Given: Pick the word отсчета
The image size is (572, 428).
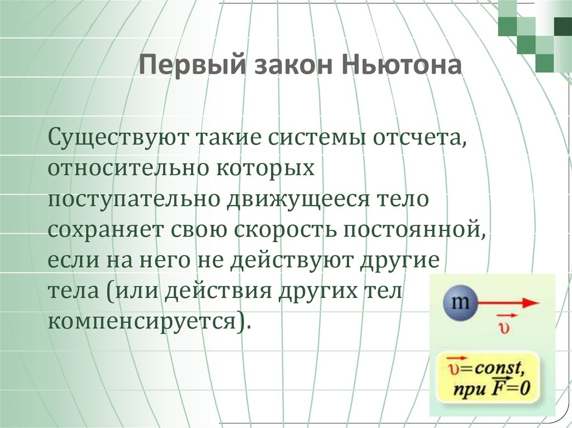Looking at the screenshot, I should pyautogui.click(x=417, y=137).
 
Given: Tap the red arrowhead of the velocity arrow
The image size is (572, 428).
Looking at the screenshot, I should pyautogui.click(x=531, y=303).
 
